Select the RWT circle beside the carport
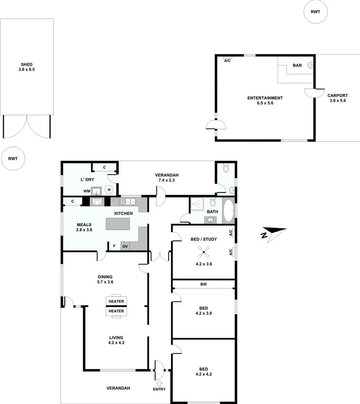[x=315, y=12]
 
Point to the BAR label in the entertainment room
[x=297, y=65]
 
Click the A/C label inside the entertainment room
[x=227, y=60]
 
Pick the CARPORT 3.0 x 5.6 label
[x=337, y=98]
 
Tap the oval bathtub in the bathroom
[x=228, y=212]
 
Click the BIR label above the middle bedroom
[x=204, y=285]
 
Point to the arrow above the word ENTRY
[x=159, y=382]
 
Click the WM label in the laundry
[x=86, y=190]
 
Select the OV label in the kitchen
[x=125, y=246]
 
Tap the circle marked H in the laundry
[x=109, y=190]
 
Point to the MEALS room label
[x=84, y=224]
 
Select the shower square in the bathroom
[x=198, y=205]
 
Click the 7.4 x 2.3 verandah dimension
[x=167, y=180]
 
